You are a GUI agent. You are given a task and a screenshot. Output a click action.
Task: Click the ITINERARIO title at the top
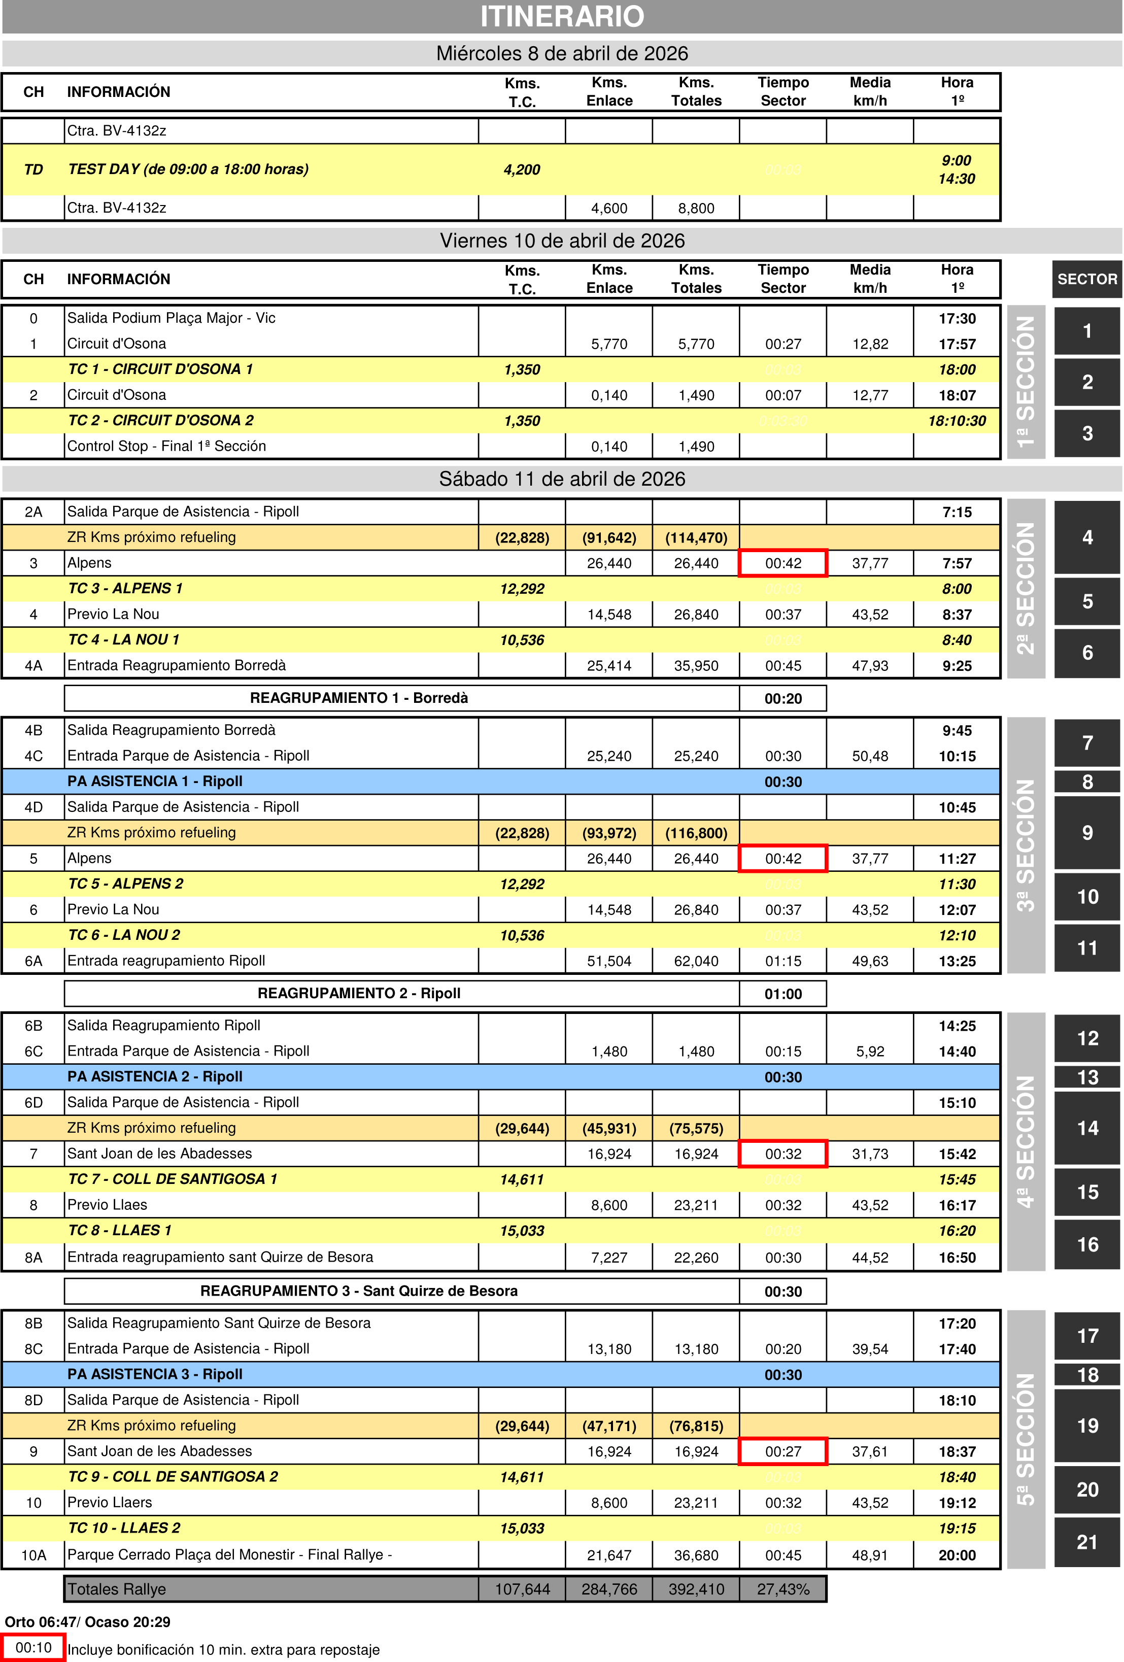point(562,16)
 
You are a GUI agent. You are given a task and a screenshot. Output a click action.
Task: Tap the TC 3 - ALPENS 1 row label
point(125,589)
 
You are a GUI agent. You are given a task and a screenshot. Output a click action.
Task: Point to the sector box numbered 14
point(1087,1129)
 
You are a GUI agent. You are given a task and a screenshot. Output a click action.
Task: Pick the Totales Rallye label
point(117,1589)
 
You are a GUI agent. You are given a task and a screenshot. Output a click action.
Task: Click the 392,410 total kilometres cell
point(696,1589)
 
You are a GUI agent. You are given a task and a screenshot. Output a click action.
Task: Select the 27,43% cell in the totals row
point(783,1589)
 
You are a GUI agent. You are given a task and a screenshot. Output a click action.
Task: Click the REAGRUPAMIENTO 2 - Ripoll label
point(359,993)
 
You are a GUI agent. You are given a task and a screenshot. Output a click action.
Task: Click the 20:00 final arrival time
point(957,1555)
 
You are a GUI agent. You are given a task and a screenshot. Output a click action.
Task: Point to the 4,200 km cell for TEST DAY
point(522,169)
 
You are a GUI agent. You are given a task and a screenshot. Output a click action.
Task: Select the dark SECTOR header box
point(1087,279)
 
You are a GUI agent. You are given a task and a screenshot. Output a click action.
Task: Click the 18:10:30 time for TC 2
point(957,421)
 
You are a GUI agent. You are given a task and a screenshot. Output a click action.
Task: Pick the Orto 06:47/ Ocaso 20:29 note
point(87,1622)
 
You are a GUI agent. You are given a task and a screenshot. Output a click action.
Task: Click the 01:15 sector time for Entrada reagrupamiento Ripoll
point(783,961)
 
